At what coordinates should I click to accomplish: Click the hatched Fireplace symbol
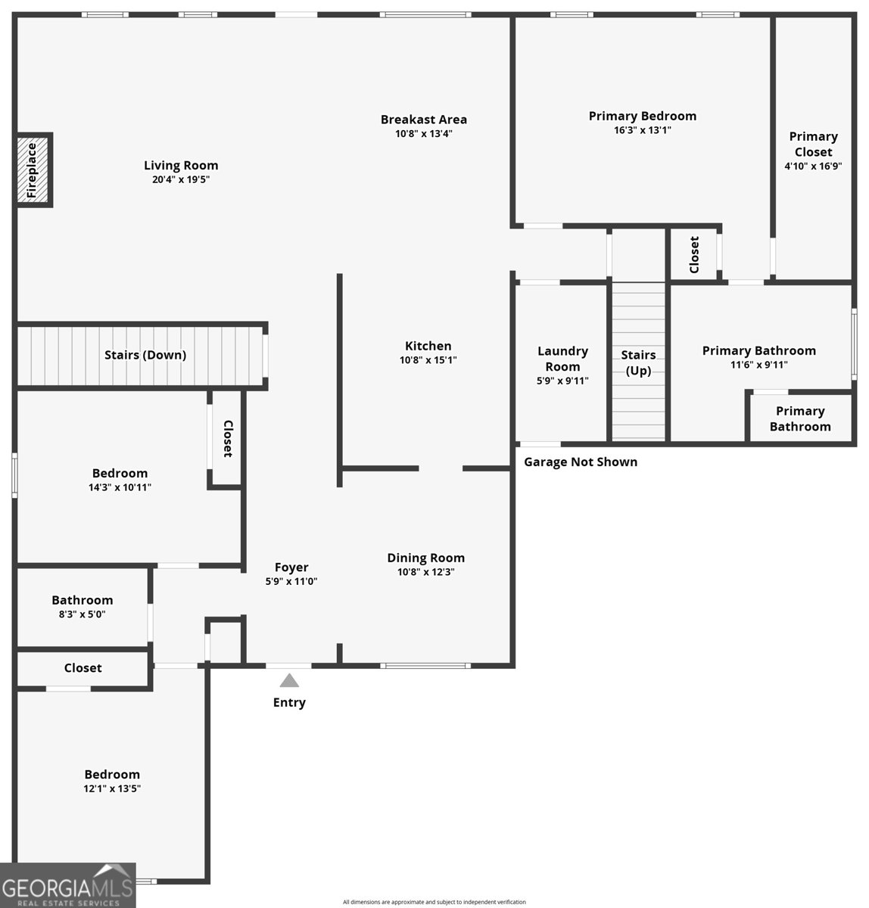tap(35, 170)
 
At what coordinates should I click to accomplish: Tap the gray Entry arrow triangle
tap(289, 681)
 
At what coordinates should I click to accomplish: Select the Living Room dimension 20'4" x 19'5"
tap(181, 180)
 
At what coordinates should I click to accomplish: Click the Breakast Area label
tap(423, 120)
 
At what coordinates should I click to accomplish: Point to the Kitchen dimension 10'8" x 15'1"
tap(428, 360)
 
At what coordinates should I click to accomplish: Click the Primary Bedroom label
tap(642, 116)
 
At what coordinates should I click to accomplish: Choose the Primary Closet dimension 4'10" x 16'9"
tap(813, 166)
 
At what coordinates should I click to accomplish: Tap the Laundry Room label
tap(562, 358)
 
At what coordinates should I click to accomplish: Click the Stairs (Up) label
tap(638, 362)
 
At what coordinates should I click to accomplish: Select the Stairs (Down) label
tap(145, 355)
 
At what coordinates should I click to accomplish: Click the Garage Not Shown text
tap(581, 462)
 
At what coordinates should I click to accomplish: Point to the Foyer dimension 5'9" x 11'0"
tap(291, 582)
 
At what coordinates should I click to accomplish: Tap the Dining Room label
tap(425, 558)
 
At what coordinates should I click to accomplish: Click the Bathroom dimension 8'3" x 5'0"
tap(82, 614)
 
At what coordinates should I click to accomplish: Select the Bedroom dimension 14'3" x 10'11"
tap(120, 488)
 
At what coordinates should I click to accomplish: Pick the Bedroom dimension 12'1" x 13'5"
tap(112, 788)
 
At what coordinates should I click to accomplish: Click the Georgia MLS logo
tap(68, 885)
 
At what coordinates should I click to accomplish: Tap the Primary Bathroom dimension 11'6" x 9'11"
tap(758, 365)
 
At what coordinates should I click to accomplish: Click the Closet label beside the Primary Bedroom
tap(694, 255)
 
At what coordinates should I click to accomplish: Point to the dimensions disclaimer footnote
tap(434, 902)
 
